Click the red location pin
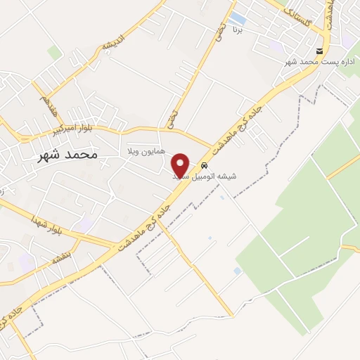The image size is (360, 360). click(x=181, y=165)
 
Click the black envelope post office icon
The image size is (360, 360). click(x=320, y=51)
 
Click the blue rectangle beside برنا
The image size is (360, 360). click(x=238, y=17)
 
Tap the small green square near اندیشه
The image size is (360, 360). click(x=55, y=52)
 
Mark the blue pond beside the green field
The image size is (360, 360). click(x=237, y=271)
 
